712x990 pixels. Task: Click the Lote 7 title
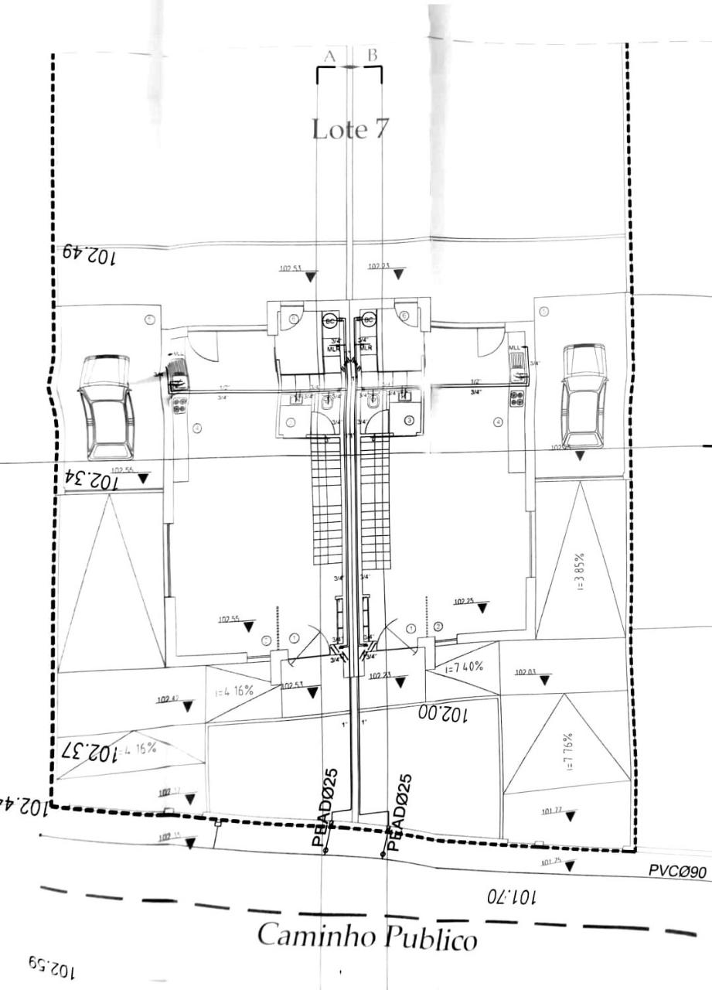tap(350, 128)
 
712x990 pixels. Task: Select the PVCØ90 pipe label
tap(677, 872)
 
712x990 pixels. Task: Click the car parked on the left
tap(106, 407)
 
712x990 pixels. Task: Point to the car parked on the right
tap(584, 395)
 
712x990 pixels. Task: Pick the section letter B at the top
tap(372, 55)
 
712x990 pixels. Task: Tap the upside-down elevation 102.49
tap(85, 253)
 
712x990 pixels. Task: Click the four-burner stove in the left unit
tap(180, 405)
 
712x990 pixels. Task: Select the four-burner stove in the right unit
tap(516, 398)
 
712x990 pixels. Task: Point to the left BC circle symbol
tap(330, 319)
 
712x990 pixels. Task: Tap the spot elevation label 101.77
tap(551, 811)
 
